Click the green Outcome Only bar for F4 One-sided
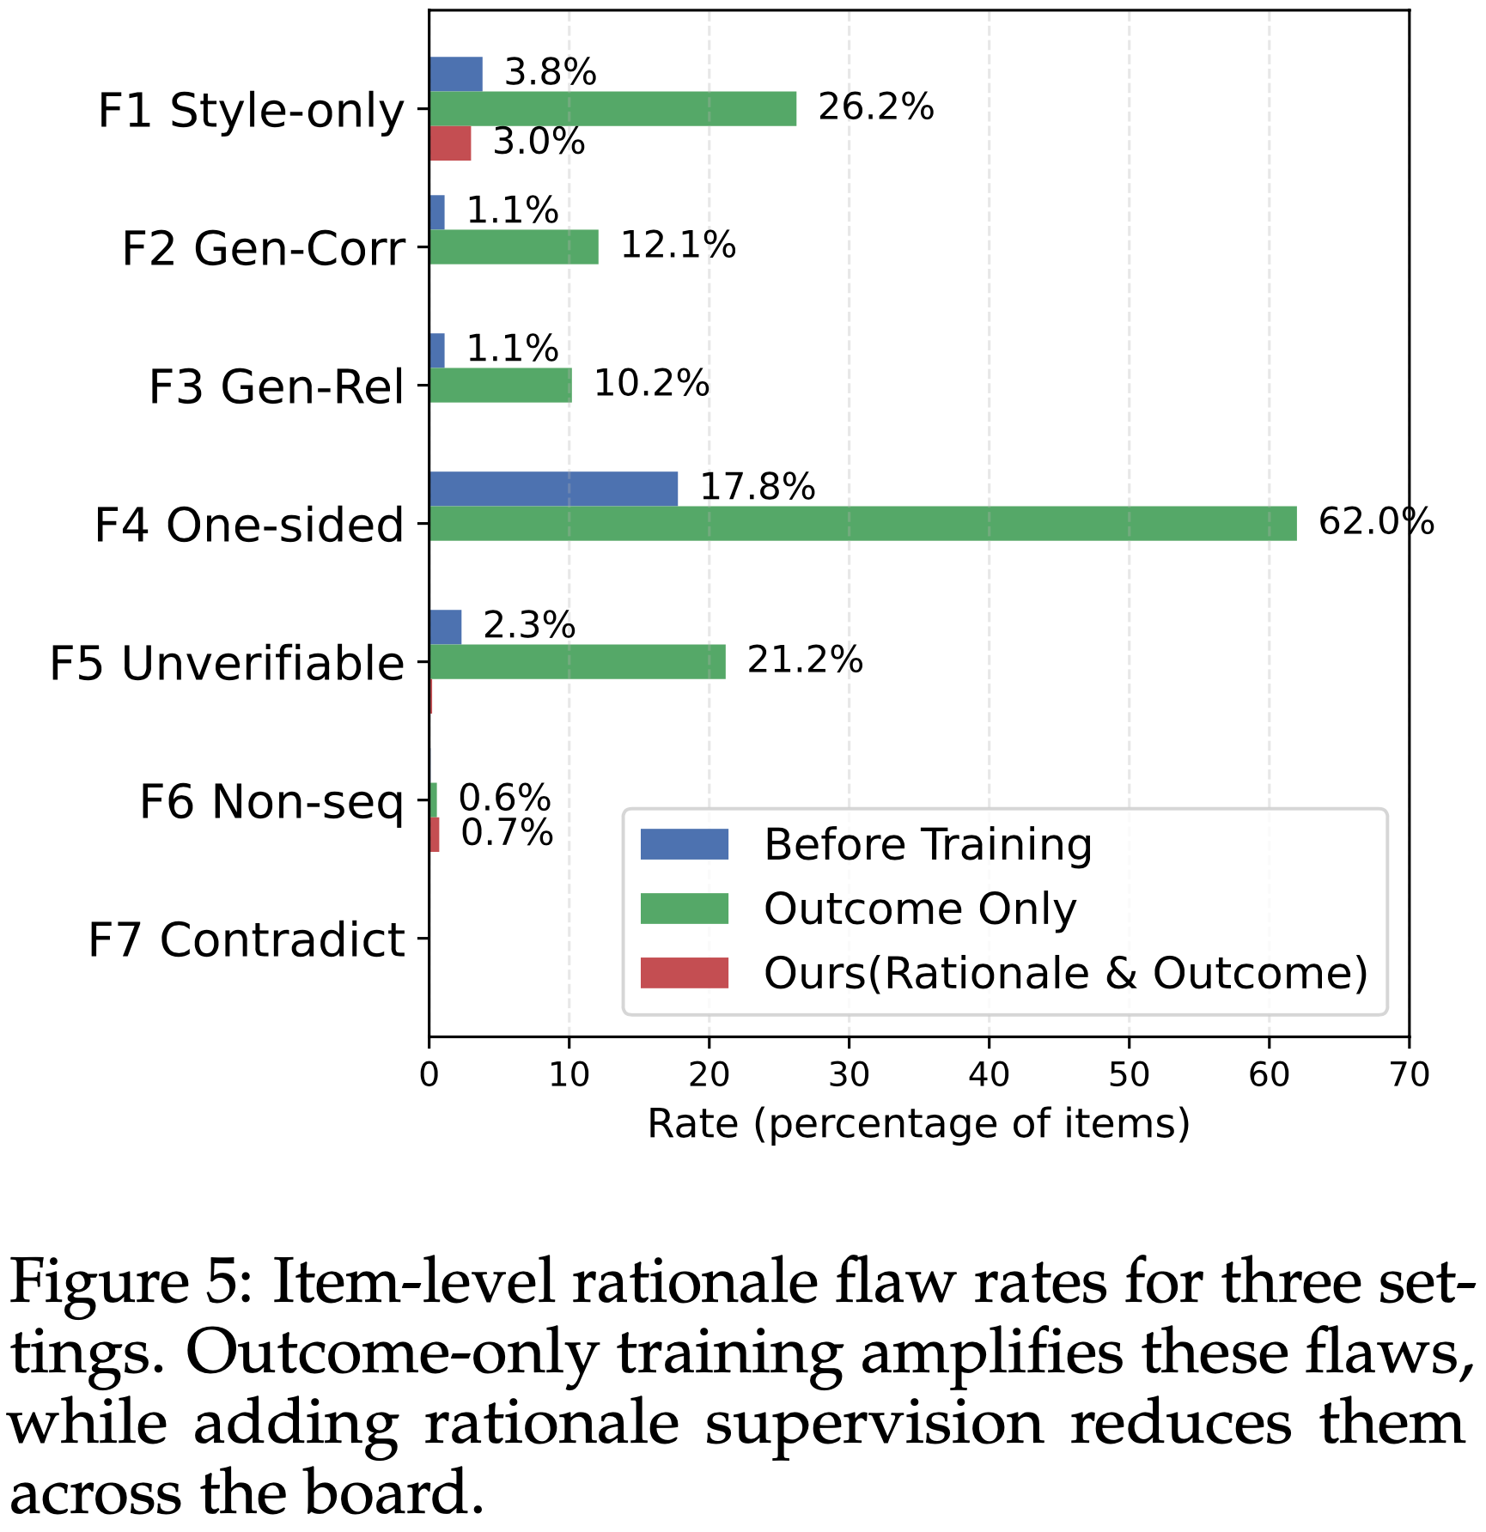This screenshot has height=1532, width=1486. point(862,524)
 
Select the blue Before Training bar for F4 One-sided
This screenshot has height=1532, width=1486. point(553,489)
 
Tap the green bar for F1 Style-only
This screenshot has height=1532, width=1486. point(612,109)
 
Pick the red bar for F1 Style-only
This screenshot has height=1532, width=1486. point(450,143)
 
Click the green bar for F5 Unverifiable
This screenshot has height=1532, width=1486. point(577,662)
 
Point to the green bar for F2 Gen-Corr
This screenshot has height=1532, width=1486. point(514,247)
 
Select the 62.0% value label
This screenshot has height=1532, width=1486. point(1375,522)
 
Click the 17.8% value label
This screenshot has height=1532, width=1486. point(758,488)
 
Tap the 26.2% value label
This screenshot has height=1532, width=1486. point(875,107)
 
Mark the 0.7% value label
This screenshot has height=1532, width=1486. point(507,833)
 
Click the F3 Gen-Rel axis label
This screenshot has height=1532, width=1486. point(276,386)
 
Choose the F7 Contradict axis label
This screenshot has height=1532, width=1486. point(246,939)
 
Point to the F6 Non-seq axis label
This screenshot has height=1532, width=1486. point(271,802)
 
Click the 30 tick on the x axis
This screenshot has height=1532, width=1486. point(849,1075)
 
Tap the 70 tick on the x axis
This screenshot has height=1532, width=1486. point(1409,1075)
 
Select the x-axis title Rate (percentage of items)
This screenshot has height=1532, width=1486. point(918,1123)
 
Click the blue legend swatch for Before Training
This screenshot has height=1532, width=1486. point(684,844)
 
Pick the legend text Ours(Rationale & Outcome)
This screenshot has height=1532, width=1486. point(1065,973)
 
